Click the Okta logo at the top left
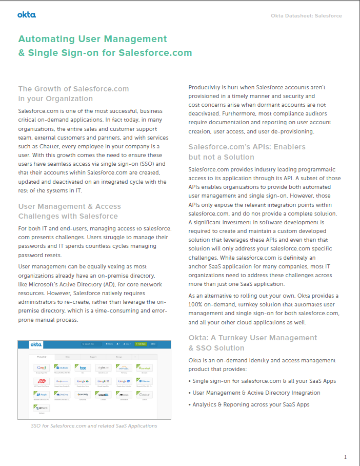(27, 15)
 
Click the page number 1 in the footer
(345, 457)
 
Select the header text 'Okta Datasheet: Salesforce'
(306, 16)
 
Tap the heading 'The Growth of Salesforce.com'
(73, 89)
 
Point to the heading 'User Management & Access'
(70, 207)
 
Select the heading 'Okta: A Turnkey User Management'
(253, 338)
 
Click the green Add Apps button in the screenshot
(139, 344)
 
